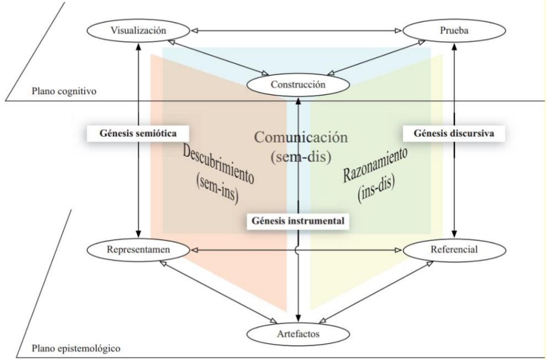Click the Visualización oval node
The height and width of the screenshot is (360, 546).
139,30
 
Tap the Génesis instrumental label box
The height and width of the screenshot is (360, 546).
299,220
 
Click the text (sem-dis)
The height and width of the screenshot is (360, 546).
300,157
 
